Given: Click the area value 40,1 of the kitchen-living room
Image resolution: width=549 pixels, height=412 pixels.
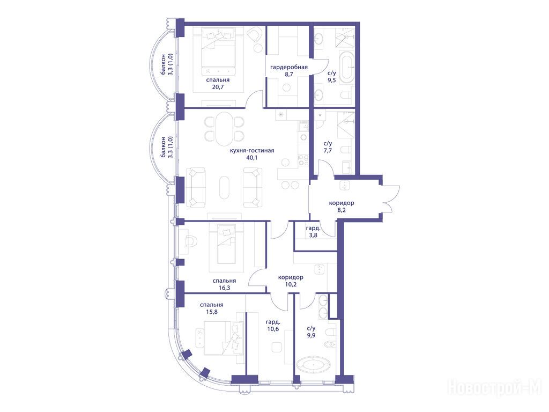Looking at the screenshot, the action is tap(252, 157).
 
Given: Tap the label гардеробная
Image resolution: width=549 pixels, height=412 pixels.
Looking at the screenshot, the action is tap(289, 67).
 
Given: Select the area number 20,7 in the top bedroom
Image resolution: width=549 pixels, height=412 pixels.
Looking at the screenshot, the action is tap(218, 87).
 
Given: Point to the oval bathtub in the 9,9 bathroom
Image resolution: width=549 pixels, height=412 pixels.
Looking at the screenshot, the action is tap(313, 366).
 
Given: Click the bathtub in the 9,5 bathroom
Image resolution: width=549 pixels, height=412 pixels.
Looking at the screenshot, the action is tap(347, 68).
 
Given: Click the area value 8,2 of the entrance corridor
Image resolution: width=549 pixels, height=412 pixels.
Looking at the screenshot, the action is tap(342, 210).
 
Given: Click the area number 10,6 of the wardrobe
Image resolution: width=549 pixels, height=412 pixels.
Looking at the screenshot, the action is tap(272, 329).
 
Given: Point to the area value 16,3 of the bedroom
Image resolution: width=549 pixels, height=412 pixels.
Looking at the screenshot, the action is tap(224, 288).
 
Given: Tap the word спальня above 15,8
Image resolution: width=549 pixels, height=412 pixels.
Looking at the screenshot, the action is tap(212, 305).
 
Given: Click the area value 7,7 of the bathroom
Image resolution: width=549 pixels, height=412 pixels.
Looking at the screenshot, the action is tap(328, 151).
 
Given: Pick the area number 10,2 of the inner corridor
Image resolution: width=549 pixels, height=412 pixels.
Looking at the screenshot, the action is tap(291, 284).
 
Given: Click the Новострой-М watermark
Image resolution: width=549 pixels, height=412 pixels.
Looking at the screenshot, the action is tap(495, 387).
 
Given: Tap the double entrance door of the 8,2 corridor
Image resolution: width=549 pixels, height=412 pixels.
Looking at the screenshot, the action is tap(390, 199).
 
